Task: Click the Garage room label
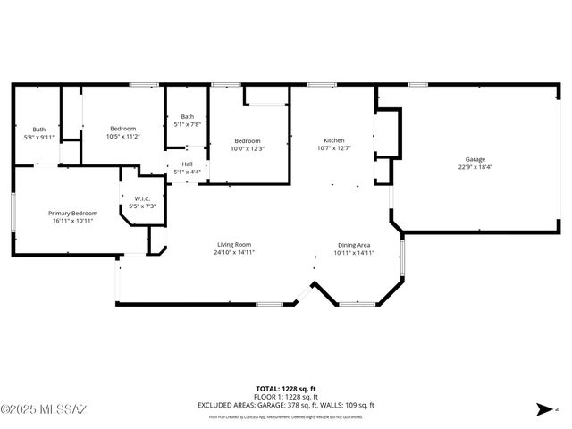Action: pyautogui.click(x=475, y=159)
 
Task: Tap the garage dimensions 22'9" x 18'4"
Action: pyautogui.click(x=475, y=166)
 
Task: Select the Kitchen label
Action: pyautogui.click(x=333, y=140)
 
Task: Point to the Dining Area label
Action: pyautogui.click(x=354, y=245)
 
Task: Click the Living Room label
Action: pyautogui.click(x=234, y=245)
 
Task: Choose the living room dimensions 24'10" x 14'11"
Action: pyautogui.click(x=234, y=252)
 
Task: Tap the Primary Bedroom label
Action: pyautogui.click(x=72, y=213)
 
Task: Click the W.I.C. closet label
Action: pyautogui.click(x=142, y=198)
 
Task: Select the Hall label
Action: pyautogui.click(x=187, y=164)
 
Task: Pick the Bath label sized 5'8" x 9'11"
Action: pyautogui.click(x=39, y=130)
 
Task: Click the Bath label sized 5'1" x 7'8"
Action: pyautogui.click(x=187, y=116)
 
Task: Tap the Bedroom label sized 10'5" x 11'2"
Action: pyautogui.click(x=122, y=129)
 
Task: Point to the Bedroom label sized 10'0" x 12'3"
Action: pyautogui.click(x=248, y=140)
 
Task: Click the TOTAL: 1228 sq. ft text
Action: pyautogui.click(x=285, y=388)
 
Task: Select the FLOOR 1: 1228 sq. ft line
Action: pyautogui.click(x=285, y=396)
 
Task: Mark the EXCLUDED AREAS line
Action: pyautogui.click(x=285, y=405)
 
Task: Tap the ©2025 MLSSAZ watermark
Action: pyautogui.click(x=44, y=409)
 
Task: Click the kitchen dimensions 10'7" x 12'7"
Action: pyautogui.click(x=333, y=147)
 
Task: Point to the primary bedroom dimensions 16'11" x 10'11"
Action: pyautogui.click(x=72, y=220)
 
